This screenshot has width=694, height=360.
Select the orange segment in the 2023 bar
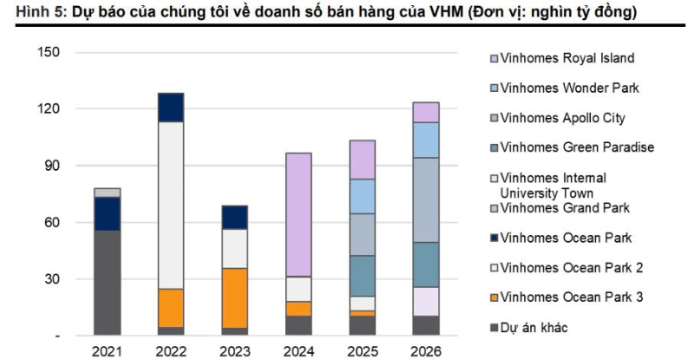234,298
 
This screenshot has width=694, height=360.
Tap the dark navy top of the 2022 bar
171,107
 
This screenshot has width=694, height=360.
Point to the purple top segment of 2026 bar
426,112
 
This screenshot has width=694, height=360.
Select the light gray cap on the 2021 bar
108,192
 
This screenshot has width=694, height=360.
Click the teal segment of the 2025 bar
362,276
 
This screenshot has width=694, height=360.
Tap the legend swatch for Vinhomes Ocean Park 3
494,298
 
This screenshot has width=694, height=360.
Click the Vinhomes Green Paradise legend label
578,147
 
